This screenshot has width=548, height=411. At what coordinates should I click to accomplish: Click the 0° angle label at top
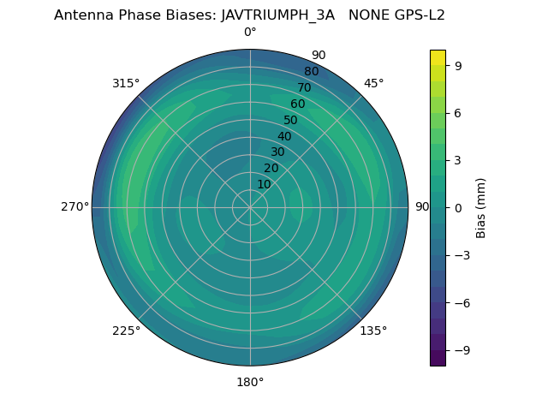(x=250, y=33)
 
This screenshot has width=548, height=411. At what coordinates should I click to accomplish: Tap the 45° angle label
(x=373, y=83)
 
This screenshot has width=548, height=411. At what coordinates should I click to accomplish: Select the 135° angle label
(x=373, y=331)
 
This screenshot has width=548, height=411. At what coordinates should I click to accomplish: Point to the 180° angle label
(x=250, y=382)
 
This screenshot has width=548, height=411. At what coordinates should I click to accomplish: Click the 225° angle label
(x=126, y=331)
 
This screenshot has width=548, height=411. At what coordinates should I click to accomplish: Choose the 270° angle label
(x=74, y=207)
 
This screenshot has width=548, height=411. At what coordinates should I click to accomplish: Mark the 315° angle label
(x=126, y=83)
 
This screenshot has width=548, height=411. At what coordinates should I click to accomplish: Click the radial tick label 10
(x=264, y=184)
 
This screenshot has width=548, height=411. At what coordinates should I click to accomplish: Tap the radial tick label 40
(x=284, y=136)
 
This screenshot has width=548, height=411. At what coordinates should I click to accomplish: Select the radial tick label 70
(x=304, y=87)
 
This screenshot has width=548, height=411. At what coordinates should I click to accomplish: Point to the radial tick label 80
(x=311, y=71)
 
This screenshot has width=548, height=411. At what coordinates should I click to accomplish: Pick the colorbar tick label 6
(x=458, y=112)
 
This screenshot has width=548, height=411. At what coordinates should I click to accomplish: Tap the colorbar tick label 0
(x=458, y=207)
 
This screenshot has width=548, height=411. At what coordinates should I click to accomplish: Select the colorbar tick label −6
(x=462, y=302)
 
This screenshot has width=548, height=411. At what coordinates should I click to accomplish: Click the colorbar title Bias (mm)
(x=481, y=207)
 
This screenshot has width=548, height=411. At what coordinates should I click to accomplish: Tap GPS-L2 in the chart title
(x=416, y=15)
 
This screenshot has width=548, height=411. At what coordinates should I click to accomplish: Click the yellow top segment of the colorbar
(x=438, y=57)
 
